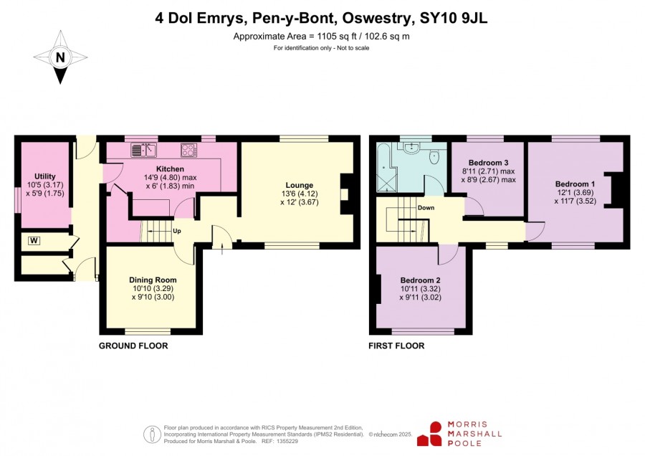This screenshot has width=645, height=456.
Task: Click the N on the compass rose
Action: click(x=60, y=57)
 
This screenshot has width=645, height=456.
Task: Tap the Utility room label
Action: click(x=45, y=176)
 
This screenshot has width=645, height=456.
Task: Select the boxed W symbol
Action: click(x=34, y=240)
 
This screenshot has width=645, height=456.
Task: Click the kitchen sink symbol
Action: click(x=143, y=150)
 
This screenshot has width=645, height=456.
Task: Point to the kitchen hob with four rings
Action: click(x=188, y=150)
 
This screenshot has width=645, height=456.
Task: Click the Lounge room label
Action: click(x=300, y=185)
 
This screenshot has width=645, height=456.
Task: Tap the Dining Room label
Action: click(x=153, y=280)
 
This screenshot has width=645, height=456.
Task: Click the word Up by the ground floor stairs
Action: click(x=177, y=231)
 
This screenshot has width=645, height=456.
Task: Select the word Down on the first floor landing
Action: click(x=426, y=207)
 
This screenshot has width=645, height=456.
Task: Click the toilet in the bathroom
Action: click(x=434, y=157)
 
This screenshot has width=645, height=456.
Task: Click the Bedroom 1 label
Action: click(x=575, y=184)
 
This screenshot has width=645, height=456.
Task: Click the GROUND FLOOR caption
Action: click(x=133, y=346)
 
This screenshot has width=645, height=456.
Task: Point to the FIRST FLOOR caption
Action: click(x=396, y=346)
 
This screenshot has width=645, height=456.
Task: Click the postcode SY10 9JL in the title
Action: click(x=454, y=18)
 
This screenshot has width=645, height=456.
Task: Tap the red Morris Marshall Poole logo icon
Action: click(x=430, y=434)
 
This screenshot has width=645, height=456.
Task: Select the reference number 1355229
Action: click(x=287, y=441)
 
